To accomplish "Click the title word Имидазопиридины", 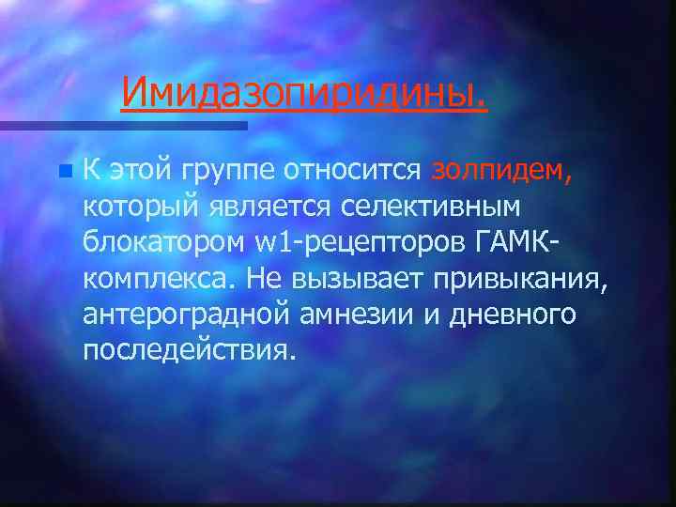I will click(x=304, y=92).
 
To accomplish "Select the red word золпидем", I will click(x=513, y=170).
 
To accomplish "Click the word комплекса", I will click(x=159, y=279).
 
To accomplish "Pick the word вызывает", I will click(x=368, y=278).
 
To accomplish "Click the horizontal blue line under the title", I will click(x=122, y=124).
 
